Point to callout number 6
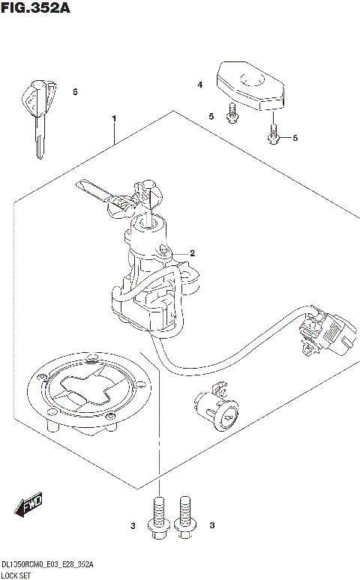click(75, 92)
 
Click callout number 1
click(114, 119)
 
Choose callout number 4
click(200, 85)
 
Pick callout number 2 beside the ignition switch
click(192, 253)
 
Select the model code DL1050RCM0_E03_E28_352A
click(48, 564)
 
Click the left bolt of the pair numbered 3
click(158, 517)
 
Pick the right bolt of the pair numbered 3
click(184, 517)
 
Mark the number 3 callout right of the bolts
click(212, 527)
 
